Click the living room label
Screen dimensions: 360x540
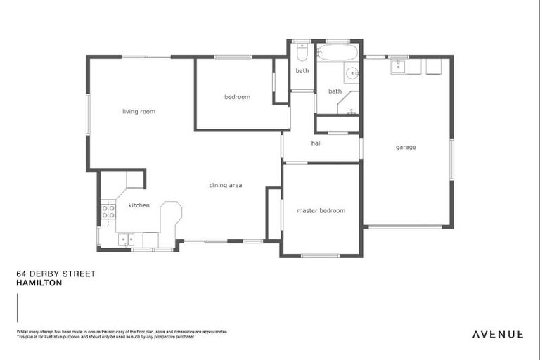[139, 111]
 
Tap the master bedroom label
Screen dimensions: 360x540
[321, 210]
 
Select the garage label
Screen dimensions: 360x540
[406, 147]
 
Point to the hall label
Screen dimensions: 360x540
[316, 143]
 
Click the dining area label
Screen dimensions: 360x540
[226, 185]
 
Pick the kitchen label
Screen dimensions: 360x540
[139, 205]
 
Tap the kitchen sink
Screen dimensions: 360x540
[126, 240]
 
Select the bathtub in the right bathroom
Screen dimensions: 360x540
[338, 53]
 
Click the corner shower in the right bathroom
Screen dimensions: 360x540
[348, 105]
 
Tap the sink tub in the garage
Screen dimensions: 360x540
[399, 66]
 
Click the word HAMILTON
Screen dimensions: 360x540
[39, 283]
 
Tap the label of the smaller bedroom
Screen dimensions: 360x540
[237, 97]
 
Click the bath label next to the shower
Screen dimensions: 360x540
[335, 91]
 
